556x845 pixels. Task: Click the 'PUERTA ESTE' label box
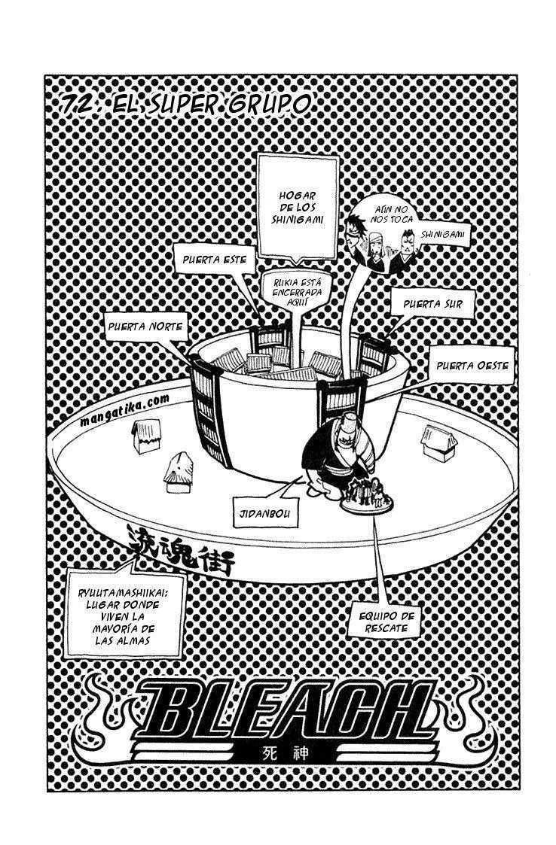[214, 260]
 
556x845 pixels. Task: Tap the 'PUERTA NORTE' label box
[145, 327]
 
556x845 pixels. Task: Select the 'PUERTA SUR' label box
[433, 305]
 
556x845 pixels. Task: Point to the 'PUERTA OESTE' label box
[472, 366]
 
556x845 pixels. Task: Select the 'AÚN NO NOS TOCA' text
[391, 214]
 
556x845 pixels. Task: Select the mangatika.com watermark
[125, 412]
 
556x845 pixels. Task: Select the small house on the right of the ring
[439, 442]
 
